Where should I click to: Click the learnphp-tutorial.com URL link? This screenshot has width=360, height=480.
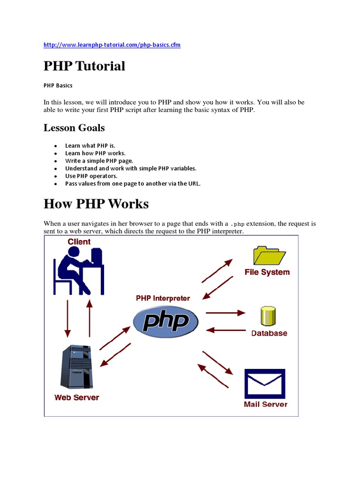[112, 45]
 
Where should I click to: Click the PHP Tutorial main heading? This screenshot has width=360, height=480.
[84, 66]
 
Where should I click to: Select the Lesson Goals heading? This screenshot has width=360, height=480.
[74, 128]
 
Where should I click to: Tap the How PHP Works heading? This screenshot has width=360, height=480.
[96, 204]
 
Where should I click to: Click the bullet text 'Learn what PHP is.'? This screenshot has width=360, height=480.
[90, 145]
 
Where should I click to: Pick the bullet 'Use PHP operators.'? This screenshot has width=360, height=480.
[91, 176]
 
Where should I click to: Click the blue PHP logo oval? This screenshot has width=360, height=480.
[165, 322]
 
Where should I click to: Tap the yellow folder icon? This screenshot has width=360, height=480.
[269, 255]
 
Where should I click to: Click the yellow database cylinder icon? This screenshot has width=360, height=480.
[267, 316]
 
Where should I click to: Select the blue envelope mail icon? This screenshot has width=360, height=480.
[265, 383]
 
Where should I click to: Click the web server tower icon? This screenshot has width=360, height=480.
[74, 367]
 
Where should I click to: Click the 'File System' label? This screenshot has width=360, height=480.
[267, 272]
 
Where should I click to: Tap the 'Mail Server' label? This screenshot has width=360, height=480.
[265, 404]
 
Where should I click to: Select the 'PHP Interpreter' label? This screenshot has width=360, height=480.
[163, 298]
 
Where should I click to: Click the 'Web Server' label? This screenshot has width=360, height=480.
[76, 397]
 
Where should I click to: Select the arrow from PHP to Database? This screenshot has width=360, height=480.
[225, 312]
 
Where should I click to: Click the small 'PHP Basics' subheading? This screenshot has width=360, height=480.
[58, 86]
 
